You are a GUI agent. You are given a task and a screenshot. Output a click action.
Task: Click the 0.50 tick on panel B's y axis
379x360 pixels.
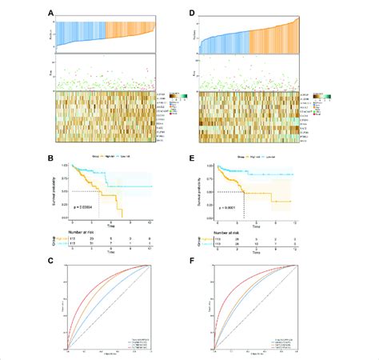tap(66, 193)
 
